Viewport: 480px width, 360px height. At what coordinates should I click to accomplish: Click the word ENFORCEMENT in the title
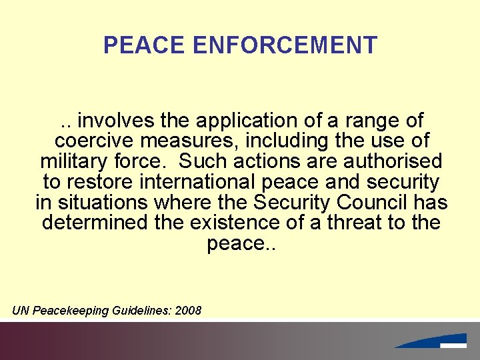(x=285, y=45)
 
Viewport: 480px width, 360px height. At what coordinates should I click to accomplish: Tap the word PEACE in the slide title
(x=145, y=45)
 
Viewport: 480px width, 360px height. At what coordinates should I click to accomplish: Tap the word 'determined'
(x=95, y=221)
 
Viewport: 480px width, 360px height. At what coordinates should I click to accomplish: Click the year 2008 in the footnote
(x=188, y=311)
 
